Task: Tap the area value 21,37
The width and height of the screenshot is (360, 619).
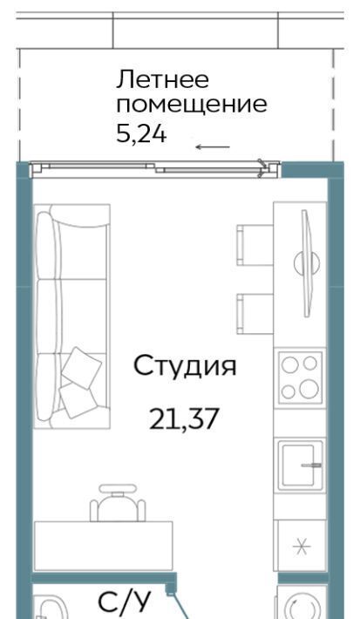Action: tap(184, 419)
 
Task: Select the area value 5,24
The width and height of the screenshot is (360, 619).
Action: tap(142, 134)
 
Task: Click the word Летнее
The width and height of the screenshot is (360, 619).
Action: tap(162, 79)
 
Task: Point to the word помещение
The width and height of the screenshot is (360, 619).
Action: tap(192, 105)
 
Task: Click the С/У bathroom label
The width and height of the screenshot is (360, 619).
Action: tap(125, 602)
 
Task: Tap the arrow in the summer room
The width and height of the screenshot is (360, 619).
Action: tap(213, 147)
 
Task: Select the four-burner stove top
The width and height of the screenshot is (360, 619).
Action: tap(301, 378)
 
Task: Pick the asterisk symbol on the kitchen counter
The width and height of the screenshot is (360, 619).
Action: tap(302, 547)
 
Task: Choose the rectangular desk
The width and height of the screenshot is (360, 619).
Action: tap(104, 546)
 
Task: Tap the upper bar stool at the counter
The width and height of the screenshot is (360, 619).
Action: tap(255, 245)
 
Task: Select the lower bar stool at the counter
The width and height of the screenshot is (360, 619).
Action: tap(255, 314)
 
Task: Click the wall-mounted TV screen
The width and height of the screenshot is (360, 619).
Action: tap(307, 263)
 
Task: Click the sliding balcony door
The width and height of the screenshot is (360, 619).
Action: tap(155, 170)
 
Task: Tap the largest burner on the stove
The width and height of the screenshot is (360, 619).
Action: tap(309, 389)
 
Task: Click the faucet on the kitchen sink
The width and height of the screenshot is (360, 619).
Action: tap(311, 466)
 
